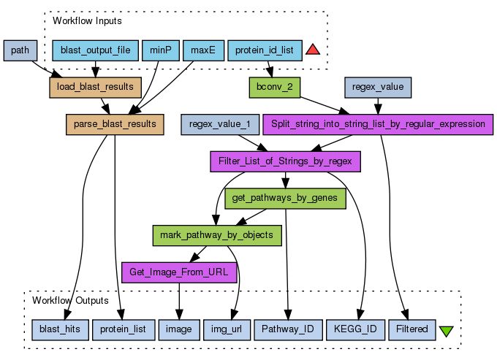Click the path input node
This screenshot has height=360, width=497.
pos(20,51)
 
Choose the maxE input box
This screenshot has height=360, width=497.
pos(202,51)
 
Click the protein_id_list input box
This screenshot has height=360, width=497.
pos(264,51)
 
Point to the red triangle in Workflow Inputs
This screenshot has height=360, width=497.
pos(313,50)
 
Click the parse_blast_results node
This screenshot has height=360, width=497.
pos(115,124)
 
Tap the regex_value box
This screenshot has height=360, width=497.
pos(378,87)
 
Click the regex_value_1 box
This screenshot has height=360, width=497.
pos(219,124)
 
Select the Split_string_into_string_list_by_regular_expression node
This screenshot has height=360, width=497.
pos(378,124)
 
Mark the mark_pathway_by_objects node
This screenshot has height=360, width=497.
pos(216,235)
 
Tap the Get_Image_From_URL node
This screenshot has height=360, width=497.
pos(178,272)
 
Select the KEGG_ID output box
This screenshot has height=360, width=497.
pos(354,330)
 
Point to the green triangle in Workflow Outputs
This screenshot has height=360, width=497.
pos(447,332)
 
